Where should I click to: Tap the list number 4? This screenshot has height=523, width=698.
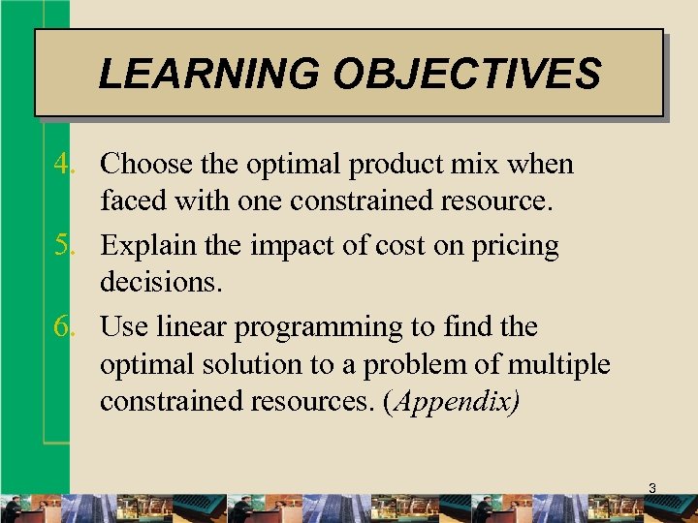pos(64,165)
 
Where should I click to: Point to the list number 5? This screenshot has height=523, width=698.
pos(64,246)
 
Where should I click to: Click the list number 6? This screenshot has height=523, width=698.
pos(64,327)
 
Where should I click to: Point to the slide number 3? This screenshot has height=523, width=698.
pos(651,489)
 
